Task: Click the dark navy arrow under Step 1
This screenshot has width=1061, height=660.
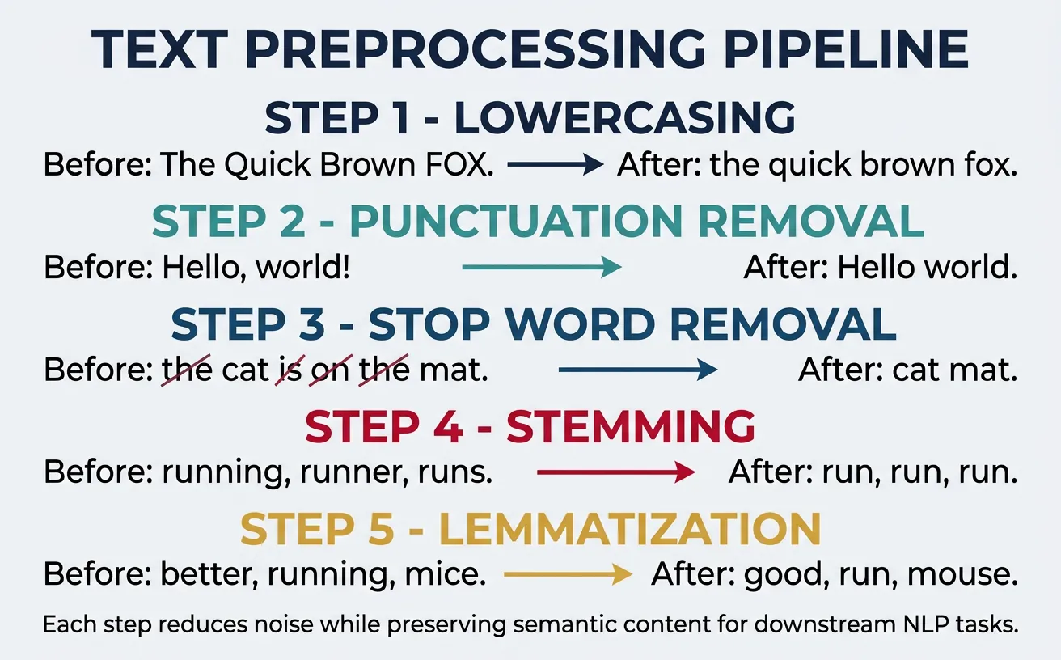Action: click(x=556, y=165)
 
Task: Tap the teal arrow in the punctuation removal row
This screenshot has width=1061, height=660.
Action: click(x=541, y=268)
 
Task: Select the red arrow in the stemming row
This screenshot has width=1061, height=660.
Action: click(x=615, y=472)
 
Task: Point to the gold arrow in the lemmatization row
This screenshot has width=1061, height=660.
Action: click(x=567, y=574)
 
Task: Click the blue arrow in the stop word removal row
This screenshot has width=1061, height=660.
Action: click(x=637, y=370)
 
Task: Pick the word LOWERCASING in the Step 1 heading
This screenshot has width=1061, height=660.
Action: click(x=625, y=119)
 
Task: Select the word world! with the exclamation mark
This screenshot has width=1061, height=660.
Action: click(x=303, y=268)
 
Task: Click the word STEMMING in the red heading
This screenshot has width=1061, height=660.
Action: click(x=631, y=425)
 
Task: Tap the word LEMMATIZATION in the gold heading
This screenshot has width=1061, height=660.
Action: click(x=630, y=528)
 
